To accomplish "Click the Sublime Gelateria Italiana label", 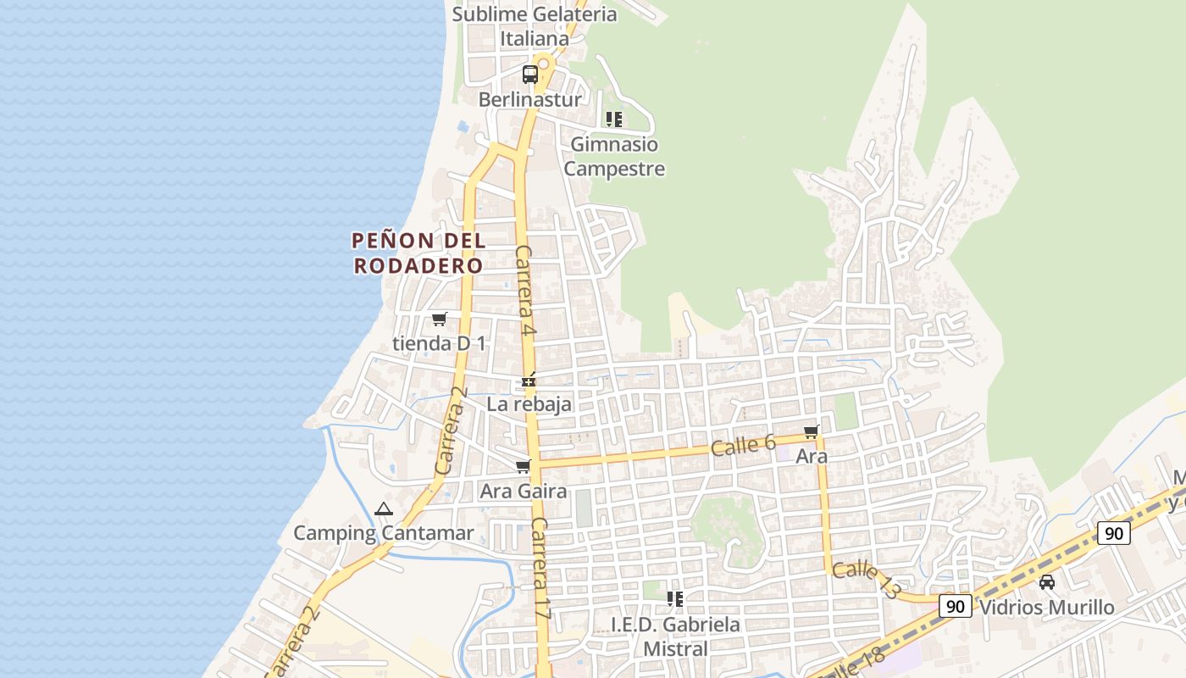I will (535, 26).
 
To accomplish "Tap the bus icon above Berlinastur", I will (530, 75).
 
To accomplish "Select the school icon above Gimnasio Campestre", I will (614, 119).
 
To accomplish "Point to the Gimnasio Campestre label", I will (614, 157).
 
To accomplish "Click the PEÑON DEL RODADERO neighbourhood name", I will (418, 253).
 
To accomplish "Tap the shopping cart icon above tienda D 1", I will (439, 320).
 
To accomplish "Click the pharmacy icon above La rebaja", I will (529, 381).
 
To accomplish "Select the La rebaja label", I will (529, 404).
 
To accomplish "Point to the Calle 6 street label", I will (744, 445).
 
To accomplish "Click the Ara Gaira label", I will (524, 491).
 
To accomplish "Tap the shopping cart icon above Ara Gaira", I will (524, 466).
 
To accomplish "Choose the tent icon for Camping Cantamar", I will (384, 509).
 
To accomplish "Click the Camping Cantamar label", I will (384, 533).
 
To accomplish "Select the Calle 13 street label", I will (866, 581).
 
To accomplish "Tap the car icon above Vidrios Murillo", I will (1047, 582).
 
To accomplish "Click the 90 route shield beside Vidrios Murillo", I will (956, 606).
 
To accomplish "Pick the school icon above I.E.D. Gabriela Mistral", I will (675, 599).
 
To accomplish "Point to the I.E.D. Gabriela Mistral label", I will (675, 636).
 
